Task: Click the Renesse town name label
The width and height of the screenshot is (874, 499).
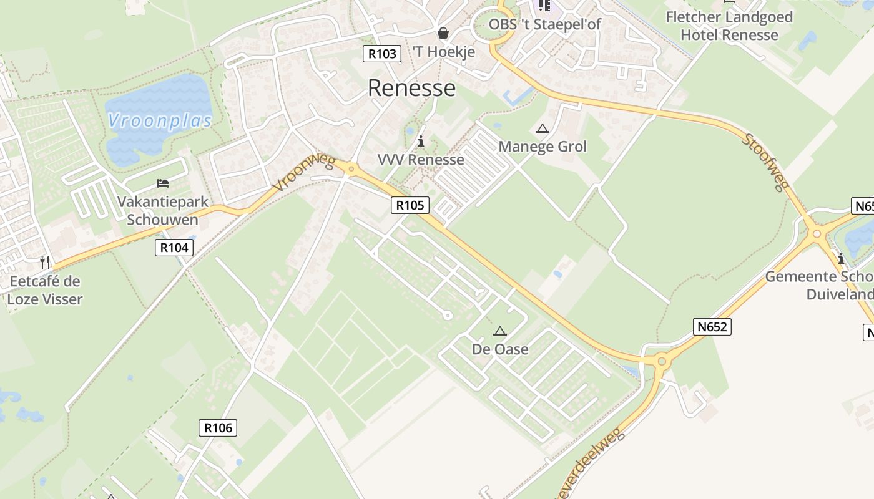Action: click(x=411, y=88)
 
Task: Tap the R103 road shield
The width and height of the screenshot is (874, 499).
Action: click(x=382, y=54)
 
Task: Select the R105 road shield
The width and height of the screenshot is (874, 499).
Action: click(x=410, y=205)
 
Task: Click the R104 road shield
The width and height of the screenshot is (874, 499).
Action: click(x=174, y=248)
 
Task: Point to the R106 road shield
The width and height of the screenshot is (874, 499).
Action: click(x=218, y=427)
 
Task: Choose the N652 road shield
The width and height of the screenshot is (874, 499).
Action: click(x=712, y=326)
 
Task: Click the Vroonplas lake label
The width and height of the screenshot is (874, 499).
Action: click(x=160, y=120)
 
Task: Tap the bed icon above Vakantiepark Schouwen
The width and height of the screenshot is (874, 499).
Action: click(x=163, y=183)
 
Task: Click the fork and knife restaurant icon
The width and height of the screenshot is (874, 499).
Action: click(x=45, y=263)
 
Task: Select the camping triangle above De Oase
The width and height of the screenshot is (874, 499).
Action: click(x=499, y=332)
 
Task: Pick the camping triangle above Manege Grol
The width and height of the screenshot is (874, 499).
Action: click(x=542, y=129)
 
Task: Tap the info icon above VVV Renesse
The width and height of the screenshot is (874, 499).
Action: click(x=421, y=142)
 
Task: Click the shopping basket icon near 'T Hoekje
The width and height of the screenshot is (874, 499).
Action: click(x=443, y=32)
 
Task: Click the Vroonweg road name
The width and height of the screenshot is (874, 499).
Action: click(x=304, y=173)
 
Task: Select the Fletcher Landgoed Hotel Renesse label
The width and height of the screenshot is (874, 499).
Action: click(x=729, y=26)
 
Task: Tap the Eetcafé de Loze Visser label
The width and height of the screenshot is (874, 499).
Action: click(x=45, y=290)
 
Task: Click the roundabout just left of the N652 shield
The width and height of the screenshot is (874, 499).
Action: click(x=662, y=361)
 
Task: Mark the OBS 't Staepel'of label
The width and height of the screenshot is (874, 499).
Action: click(x=544, y=24)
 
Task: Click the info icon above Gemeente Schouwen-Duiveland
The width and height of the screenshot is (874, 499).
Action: click(x=841, y=258)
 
